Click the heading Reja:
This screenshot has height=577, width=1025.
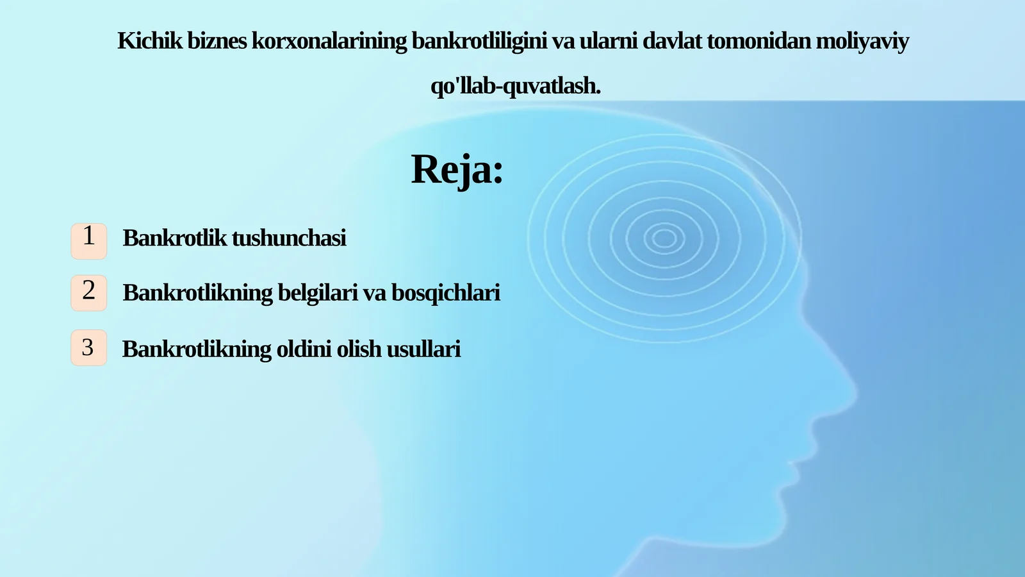tap(457, 170)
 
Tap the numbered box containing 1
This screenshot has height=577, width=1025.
tap(88, 241)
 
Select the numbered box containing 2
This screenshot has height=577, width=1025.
tap(88, 293)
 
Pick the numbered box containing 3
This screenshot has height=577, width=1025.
tap(88, 347)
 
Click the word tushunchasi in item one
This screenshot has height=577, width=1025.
tap(289, 238)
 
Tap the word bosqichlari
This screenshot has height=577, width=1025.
tap(446, 293)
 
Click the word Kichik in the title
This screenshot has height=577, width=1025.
tap(150, 41)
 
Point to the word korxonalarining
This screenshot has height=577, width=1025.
tap(329, 41)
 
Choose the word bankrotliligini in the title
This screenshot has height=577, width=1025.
tap(479, 41)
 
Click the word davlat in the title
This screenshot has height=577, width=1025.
tap(672, 41)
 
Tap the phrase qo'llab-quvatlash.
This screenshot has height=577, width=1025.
tap(516, 86)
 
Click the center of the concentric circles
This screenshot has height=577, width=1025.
tap(664, 238)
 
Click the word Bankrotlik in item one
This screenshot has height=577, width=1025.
tap(175, 238)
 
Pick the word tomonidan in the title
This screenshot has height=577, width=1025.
tap(758, 41)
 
